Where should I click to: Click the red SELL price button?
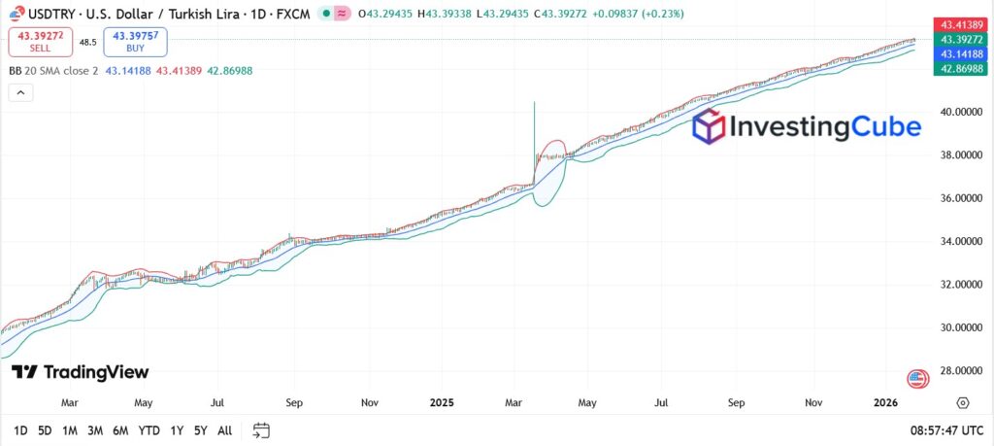click(40, 41)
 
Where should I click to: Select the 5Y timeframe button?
click(200, 429)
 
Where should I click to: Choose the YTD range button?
click(149, 429)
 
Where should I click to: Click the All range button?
click(224, 429)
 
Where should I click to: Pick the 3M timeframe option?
click(95, 429)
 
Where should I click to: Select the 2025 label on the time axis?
click(442, 401)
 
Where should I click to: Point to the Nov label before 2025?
click(369, 401)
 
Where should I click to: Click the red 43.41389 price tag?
click(959, 23)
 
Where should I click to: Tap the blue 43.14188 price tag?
click(959, 54)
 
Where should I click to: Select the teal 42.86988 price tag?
click(959, 69)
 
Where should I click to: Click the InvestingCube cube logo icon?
click(709, 127)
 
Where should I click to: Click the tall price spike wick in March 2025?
click(535, 121)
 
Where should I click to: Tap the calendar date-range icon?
click(261, 429)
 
